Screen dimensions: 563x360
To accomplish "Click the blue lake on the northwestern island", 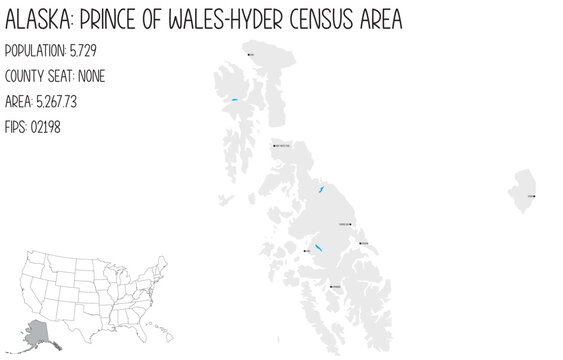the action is click(x=233, y=100).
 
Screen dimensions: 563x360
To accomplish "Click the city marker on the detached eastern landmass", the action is click(x=533, y=197).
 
